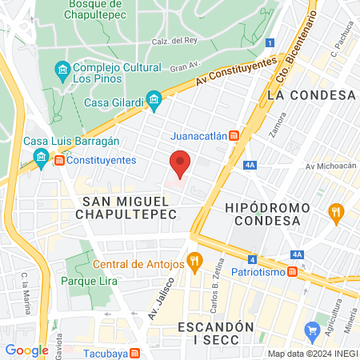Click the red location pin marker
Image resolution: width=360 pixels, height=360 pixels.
(x=181, y=162)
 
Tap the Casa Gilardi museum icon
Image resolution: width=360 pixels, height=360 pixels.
(x=155, y=102)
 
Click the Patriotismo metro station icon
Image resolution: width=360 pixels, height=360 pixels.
(x=293, y=272)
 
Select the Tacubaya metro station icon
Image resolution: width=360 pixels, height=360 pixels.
(x=136, y=353)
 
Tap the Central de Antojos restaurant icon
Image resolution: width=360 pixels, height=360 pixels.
(x=194, y=261)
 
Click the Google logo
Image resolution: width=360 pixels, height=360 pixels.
(x=26, y=350)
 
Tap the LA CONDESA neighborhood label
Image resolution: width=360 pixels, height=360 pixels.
(x=311, y=94)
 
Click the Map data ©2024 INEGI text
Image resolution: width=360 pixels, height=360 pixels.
(x=312, y=354)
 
